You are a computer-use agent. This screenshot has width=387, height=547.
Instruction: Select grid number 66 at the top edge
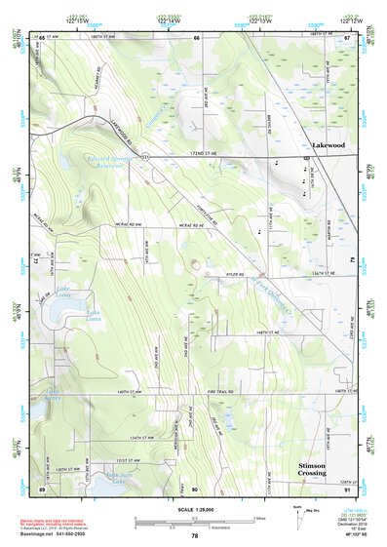[196, 37]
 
